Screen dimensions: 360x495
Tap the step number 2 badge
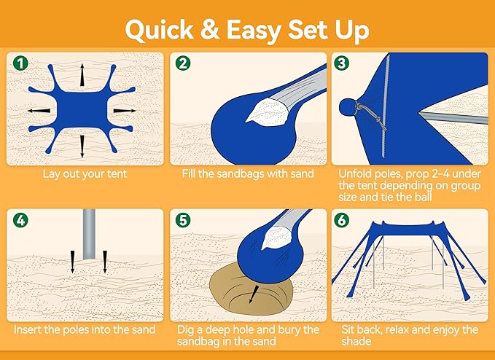[x=182, y=63]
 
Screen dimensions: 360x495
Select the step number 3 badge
[x=341, y=63]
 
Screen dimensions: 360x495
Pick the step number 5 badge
[x=182, y=219]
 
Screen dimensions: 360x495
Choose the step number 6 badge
[x=341, y=219]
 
